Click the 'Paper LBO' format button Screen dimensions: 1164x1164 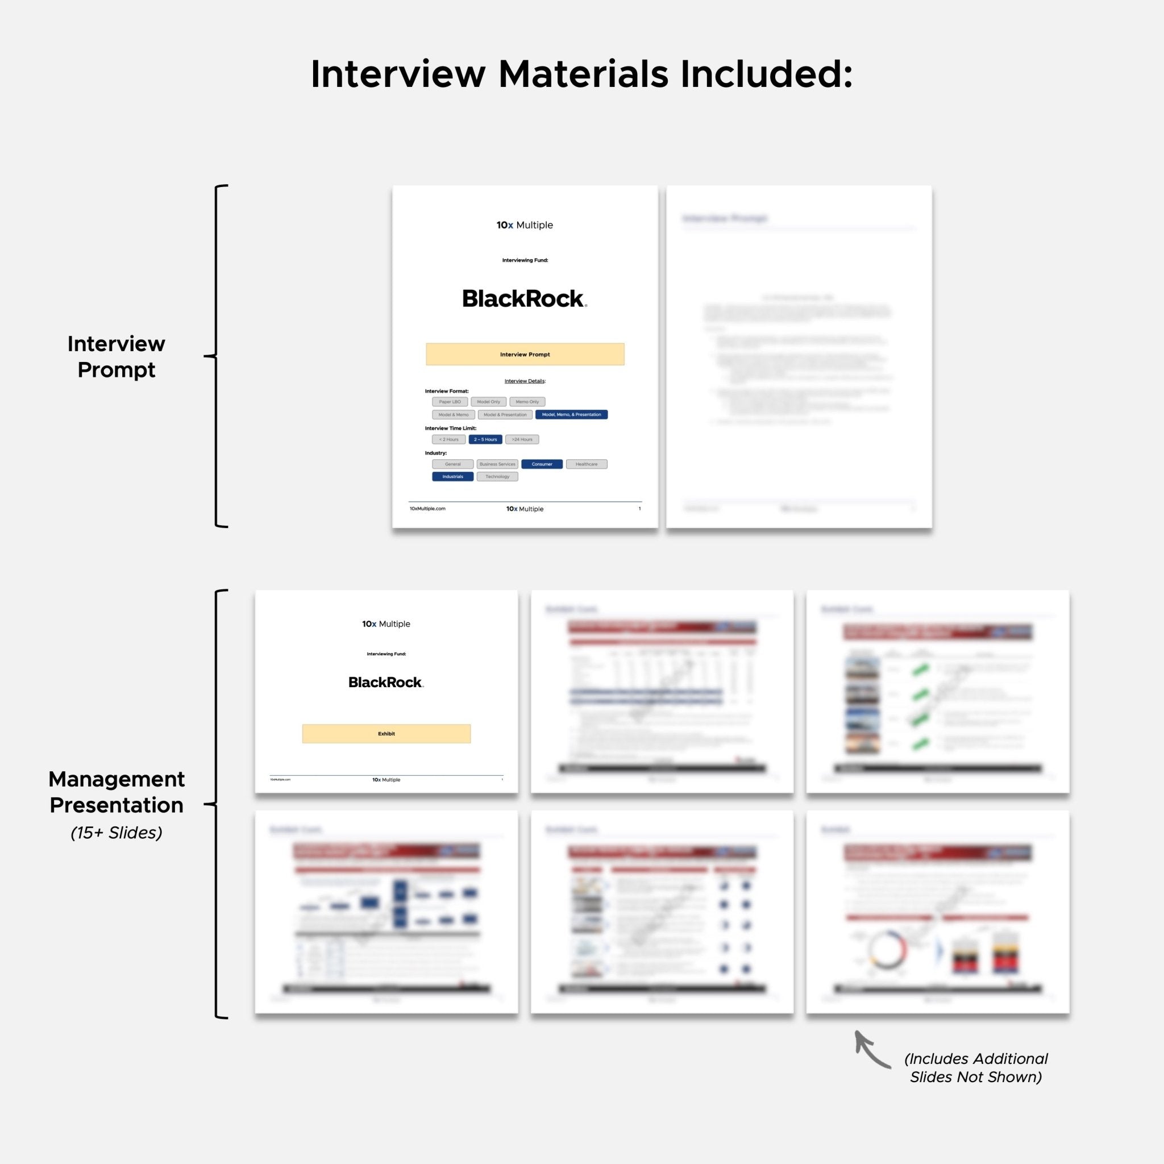pyautogui.click(x=450, y=402)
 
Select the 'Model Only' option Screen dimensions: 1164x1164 pyautogui.click(x=488, y=402)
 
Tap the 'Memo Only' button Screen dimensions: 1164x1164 pyautogui.click(x=527, y=402)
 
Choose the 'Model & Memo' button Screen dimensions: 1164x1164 pyautogui.click(x=453, y=414)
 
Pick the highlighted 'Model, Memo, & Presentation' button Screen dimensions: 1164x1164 pyautogui.click(x=571, y=414)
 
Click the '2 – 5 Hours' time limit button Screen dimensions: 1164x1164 pyautogui.click(x=485, y=439)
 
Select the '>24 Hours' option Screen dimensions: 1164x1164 pyautogui.click(x=522, y=439)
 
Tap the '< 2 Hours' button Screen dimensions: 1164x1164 pyautogui.click(x=449, y=439)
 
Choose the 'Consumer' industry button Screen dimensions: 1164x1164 pyautogui.click(x=542, y=464)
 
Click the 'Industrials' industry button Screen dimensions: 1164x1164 pyautogui.click(x=452, y=476)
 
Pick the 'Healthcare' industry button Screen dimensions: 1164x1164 pyautogui.click(x=586, y=464)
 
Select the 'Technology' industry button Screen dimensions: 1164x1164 pyautogui.click(x=497, y=476)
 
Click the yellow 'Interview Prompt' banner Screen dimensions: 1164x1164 pyautogui.click(x=525, y=354)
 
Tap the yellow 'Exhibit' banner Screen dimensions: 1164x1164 pyautogui.click(x=386, y=733)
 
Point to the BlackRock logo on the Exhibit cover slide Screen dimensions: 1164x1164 pyautogui.click(x=385, y=682)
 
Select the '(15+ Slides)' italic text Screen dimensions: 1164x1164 pyautogui.click(x=117, y=833)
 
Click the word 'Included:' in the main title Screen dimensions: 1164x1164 pyautogui.click(x=766, y=74)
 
